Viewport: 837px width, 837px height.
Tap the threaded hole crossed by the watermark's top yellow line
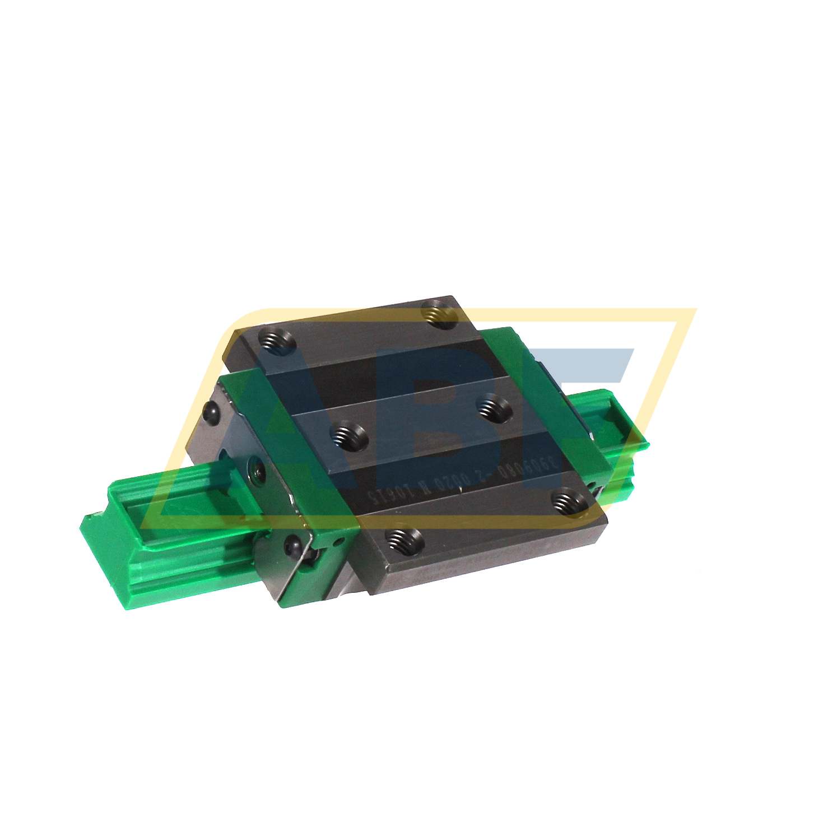439,311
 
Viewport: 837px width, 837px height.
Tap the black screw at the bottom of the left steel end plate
292,542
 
